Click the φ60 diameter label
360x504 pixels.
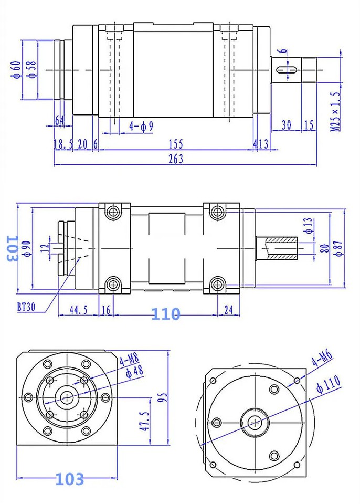click(x=16, y=69)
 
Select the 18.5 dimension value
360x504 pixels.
click(x=63, y=144)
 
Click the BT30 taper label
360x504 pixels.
click(x=25, y=307)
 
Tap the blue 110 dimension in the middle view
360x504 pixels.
click(x=166, y=314)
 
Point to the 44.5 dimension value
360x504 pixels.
click(x=78, y=310)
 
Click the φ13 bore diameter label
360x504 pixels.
click(x=308, y=224)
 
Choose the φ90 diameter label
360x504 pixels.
click(x=27, y=247)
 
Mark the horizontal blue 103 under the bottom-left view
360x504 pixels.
click(x=70, y=479)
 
